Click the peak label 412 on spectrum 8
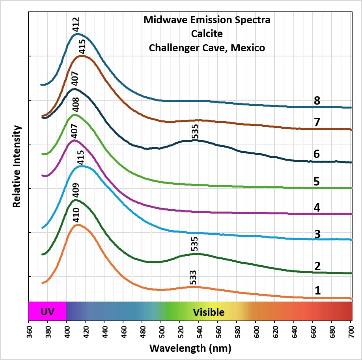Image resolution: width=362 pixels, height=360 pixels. (76, 24)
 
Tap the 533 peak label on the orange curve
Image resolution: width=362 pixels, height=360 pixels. (193, 277)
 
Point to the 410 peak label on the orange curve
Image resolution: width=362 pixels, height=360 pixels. (76, 215)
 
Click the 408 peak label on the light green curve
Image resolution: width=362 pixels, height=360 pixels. (75, 105)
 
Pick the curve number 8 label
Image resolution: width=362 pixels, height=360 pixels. (317, 101)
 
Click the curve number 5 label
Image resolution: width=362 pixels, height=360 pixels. (317, 182)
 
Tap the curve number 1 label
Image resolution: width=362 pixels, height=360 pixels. (318, 291)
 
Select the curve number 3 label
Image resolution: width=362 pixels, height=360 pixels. (317, 234)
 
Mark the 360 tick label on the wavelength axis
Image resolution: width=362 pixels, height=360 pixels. (29, 332)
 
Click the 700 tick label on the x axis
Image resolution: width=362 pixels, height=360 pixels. (351, 332)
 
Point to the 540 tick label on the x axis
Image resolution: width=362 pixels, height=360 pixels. (200, 332)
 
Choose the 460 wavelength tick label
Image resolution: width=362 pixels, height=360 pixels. (124, 332)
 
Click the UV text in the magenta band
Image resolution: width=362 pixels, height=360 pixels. (47, 312)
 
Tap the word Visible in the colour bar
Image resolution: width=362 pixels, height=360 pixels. (209, 312)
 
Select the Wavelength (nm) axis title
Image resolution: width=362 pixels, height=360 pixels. (190, 348)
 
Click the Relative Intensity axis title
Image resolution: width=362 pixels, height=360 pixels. (17, 166)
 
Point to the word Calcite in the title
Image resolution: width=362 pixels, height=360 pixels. (207, 34)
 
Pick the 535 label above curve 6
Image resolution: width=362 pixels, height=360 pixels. (195, 131)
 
